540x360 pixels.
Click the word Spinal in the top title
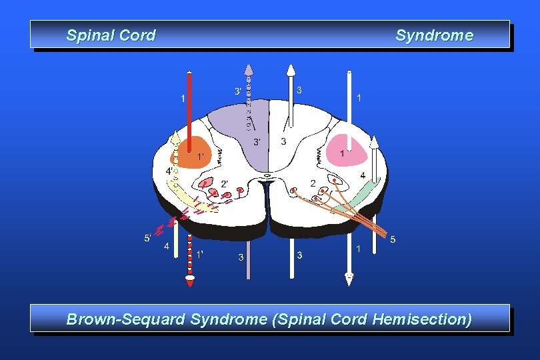88,35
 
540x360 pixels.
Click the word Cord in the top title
137,35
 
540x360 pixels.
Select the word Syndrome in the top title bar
434,35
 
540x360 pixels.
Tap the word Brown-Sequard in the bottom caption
126,319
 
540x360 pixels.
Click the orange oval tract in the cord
194,153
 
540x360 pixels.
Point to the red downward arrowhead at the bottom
191,283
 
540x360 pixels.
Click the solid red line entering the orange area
190,107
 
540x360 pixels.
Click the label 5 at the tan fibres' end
393,239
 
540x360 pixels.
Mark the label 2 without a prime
313,183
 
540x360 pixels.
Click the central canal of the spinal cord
267,176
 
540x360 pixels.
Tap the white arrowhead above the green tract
374,141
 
